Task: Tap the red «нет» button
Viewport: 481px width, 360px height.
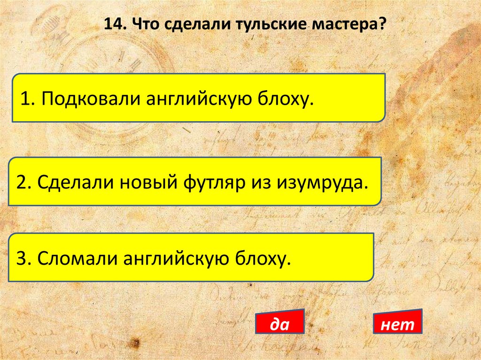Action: pyautogui.click(x=397, y=323)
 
